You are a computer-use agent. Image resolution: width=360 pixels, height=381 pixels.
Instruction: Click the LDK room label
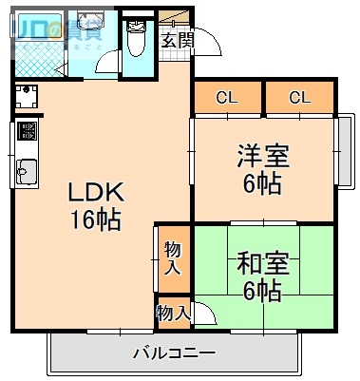click(x=93, y=193)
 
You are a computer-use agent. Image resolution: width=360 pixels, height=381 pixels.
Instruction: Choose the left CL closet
click(x=226, y=97)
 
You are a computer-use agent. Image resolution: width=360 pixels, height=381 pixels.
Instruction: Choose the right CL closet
click(x=300, y=97)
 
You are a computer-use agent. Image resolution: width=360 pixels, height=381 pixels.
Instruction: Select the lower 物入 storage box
click(x=173, y=311)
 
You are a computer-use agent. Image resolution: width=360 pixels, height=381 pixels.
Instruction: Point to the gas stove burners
click(x=26, y=130)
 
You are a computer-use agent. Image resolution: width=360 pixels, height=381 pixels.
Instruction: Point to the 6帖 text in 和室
click(x=262, y=292)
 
